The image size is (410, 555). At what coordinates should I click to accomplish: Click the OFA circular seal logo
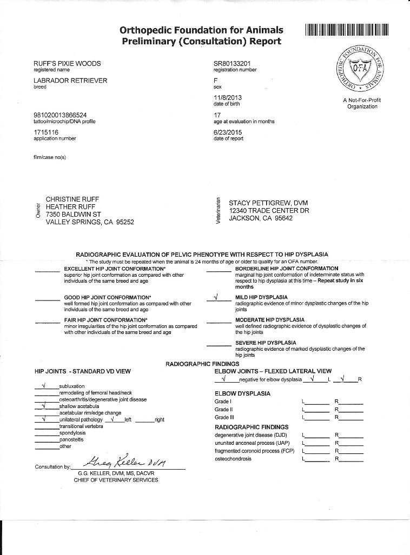coord(362,69)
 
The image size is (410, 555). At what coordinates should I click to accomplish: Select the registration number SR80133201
coord(232,63)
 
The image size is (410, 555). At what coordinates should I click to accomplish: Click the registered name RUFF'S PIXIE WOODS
coord(67,63)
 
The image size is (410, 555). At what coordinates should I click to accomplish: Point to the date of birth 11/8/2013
coord(227,97)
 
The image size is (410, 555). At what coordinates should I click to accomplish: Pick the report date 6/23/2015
coord(229,132)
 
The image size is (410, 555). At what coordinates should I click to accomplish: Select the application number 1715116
coord(46,132)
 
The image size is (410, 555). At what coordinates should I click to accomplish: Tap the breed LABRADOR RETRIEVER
coord(70,81)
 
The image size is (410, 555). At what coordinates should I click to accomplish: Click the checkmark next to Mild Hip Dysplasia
coord(216,297)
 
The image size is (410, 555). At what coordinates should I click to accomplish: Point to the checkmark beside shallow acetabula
coord(45,406)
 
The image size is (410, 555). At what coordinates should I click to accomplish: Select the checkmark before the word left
coord(113,419)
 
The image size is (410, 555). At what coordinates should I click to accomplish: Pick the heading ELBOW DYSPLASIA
coord(242,393)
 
